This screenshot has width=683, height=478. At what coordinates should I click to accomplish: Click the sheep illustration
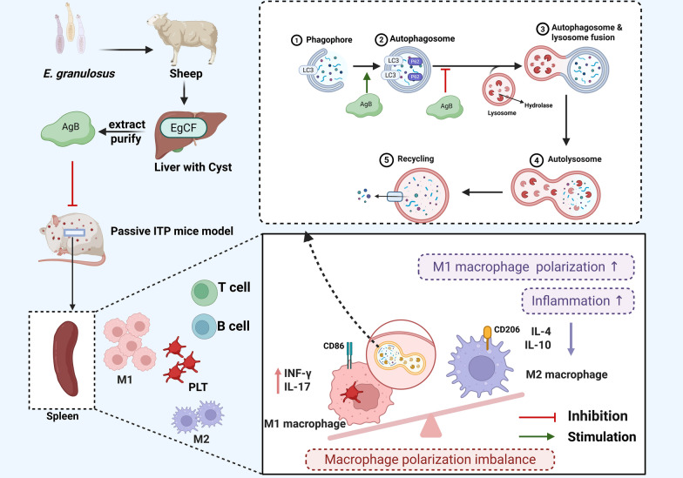coord(183,38)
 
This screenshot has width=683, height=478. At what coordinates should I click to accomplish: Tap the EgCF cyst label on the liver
coord(183,128)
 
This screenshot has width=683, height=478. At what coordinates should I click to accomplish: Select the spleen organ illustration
coord(66,359)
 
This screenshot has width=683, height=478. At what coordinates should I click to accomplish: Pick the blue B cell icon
coord(204,327)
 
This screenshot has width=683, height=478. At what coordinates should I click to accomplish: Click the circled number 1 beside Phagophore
coord(296,40)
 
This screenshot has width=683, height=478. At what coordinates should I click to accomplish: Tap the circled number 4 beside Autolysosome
coord(537,160)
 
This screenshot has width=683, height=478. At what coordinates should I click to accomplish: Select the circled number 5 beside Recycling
coord(387,160)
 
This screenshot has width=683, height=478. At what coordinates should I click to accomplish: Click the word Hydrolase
coord(538,105)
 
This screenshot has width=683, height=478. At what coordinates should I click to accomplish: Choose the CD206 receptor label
coord(507,329)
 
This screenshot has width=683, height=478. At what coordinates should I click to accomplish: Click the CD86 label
coord(334,347)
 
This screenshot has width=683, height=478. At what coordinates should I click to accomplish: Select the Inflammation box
coord(578,301)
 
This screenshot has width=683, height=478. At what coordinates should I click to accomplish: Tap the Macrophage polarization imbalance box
coord(430,460)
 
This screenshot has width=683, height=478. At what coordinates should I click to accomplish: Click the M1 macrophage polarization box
coord(526,266)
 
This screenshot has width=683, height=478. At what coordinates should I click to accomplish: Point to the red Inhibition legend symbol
coord(537,418)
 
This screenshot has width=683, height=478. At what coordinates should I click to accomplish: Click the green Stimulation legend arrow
coord(537,437)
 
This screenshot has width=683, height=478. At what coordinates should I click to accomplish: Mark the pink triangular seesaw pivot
coord(430,425)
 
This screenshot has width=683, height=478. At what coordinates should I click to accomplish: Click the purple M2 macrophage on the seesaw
coord(480,366)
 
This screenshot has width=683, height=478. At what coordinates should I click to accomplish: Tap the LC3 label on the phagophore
coord(308,70)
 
